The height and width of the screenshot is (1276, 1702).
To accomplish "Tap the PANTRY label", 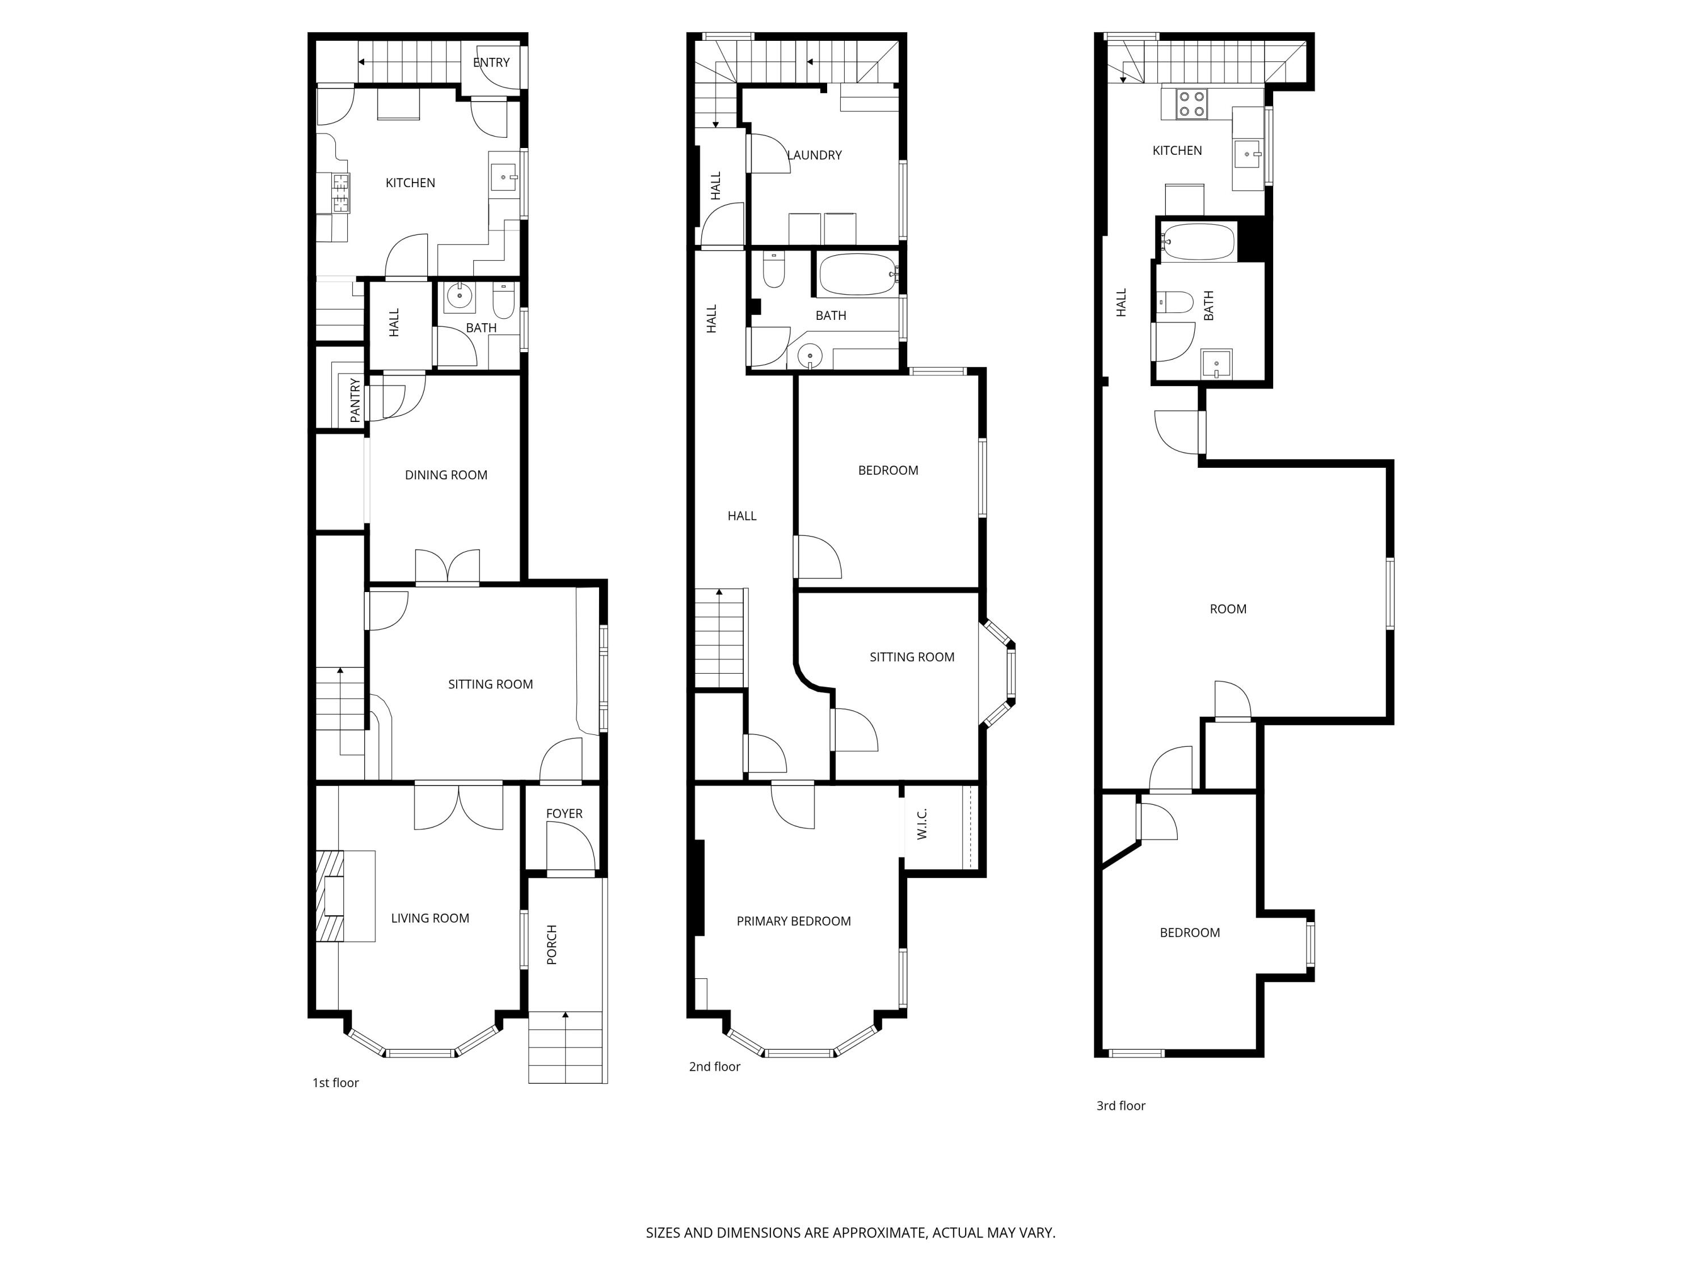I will pyautogui.click(x=355, y=400).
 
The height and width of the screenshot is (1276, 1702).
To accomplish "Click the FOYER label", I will pyautogui.click(x=564, y=813).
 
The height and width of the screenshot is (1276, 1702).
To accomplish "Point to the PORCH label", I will pyautogui.click(x=551, y=944).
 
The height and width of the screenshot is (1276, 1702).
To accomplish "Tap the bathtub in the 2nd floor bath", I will pyautogui.click(x=856, y=274).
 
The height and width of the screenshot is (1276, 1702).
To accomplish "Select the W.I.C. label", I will pyautogui.click(x=922, y=824).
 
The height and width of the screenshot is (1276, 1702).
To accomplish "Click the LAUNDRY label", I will pyautogui.click(x=814, y=155).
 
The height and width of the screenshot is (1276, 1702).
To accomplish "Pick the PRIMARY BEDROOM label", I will pyautogui.click(x=793, y=920).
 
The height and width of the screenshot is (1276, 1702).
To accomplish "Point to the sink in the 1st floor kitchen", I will pyautogui.click(x=504, y=177).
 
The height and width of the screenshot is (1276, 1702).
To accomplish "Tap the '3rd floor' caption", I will pyautogui.click(x=1120, y=1105).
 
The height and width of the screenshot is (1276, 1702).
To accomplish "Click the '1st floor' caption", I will pyautogui.click(x=335, y=1082).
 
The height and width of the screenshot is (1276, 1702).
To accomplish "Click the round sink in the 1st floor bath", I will pyautogui.click(x=460, y=295).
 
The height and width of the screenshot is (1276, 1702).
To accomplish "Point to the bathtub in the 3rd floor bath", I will pyautogui.click(x=1198, y=242).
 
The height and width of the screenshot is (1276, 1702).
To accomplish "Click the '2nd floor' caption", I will pyautogui.click(x=714, y=1066).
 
